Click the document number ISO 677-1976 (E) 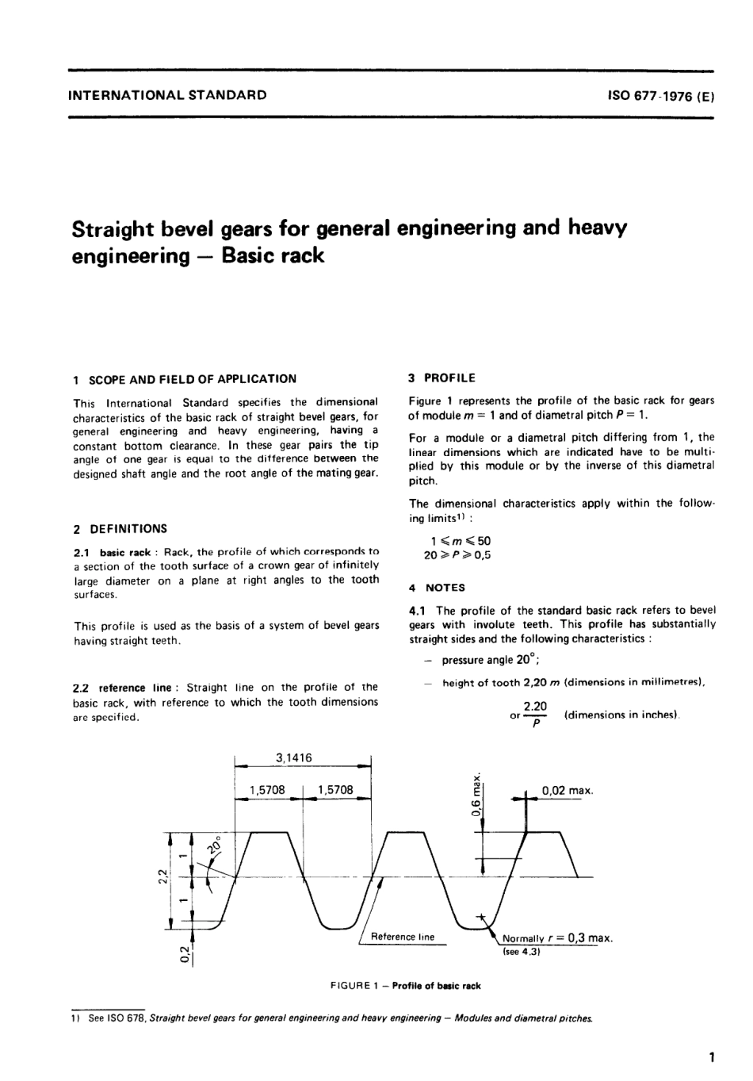(x=661, y=96)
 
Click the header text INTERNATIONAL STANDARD (x=168, y=95)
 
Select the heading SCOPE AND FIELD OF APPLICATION (x=193, y=379)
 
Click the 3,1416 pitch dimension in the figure (x=293, y=757)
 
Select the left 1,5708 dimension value (x=267, y=790)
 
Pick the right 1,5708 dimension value (x=334, y=790)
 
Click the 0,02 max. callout (x=568, y=790)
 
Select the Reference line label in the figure (x=403, y=937)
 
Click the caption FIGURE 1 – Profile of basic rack (x=405, y=986)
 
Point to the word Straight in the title (x=119, y=229)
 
